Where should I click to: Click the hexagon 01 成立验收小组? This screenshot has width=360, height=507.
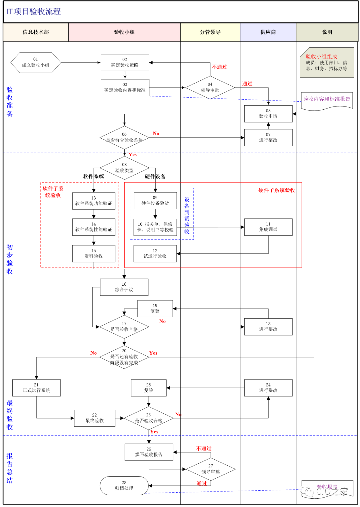pyautogui.click(x=36, y=62)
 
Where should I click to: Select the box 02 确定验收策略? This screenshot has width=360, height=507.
pyautogui.click(x=125, y=63)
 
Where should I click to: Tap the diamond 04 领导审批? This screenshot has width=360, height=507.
pyautogui.click(x=210, y=87)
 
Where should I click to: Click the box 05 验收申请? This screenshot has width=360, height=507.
pyautogui.click(x=268, y=114)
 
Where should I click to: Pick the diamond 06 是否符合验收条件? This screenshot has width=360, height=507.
pyautogui.click(x=124, y=137)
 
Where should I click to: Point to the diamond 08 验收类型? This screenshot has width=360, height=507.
pyautogui.click(x=124, y=168)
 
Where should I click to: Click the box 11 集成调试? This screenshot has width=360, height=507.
pyautogui.click(x=268, y=227)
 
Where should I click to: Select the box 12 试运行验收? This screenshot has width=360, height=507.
pyautogui.click(x=155, y=254)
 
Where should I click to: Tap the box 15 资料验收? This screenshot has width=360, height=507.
pyautogui.click(x=94, y=254)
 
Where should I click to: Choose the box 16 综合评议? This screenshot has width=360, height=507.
pyautogui.click(x=124, y=287)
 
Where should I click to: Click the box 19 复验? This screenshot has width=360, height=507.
pyautogui.click(x=155, y=308)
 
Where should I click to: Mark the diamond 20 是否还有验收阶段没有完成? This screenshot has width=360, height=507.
pyautogui.click(x=124, y=357)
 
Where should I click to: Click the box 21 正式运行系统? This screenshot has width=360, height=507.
pyautogui.click(x=36, y=388)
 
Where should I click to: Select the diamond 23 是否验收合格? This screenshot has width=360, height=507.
pyautogui.click(x=149, y=418)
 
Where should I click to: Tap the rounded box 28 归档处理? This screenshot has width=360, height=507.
pyautogui.click(x=124, y=486)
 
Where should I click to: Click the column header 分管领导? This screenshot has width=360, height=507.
pyautogui.click(x=210, y=32)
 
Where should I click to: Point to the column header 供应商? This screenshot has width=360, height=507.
pyautogui.click(x=268, y=32)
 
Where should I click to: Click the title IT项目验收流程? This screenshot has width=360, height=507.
pyautogui.click(x=34, y=12)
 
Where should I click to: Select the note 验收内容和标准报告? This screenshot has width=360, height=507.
pyautogui.click(x=327, y=99)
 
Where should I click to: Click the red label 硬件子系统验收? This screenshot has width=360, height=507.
pyautogui.click(x=277, y=190)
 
